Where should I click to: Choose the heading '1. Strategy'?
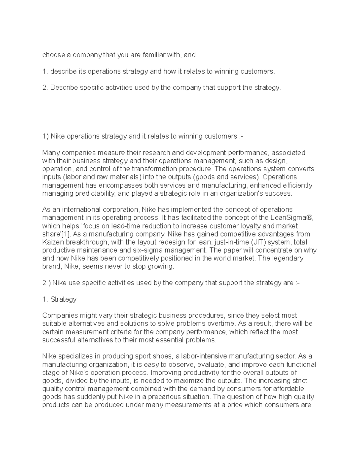[59, 299]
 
